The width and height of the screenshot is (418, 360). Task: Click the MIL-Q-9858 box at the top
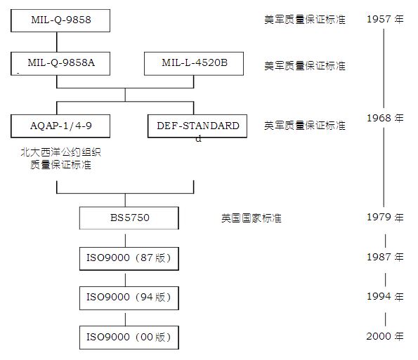(x=60, y=21)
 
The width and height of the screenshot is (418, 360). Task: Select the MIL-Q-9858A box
(x=60, y=64)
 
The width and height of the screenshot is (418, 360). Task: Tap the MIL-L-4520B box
(x=194, y=64)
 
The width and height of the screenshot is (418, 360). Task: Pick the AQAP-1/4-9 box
(x=60, y=126)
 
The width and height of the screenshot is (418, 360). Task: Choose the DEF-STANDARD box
(x=197, y=126)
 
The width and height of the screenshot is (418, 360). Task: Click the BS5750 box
(x=129, y=218)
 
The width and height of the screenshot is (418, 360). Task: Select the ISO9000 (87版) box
(x=129, y=258)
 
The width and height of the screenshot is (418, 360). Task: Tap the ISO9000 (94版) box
(x=129, y=298)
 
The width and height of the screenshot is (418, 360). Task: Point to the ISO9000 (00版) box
(x=129, y=338)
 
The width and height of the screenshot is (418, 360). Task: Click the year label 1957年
(x=385, y=19)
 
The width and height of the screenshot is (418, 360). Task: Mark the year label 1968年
(x=385, y=118)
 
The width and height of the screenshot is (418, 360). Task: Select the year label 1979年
(x=385, y=218)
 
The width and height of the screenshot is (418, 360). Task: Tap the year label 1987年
(x=385, y=258)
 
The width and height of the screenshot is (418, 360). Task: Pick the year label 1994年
(x=385, y=296)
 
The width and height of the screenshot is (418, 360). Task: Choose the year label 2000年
(x=385, y=336)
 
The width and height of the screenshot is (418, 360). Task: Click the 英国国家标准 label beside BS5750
(x=252, y=218)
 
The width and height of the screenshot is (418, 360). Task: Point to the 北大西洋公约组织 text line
(x=61, y=152)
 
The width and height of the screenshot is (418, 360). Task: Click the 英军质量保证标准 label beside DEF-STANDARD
(x=305, y=126)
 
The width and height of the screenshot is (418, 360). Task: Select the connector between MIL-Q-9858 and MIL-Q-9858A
(x=57, y=42)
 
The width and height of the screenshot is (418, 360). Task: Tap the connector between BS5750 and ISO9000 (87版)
(x=125, y=241)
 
